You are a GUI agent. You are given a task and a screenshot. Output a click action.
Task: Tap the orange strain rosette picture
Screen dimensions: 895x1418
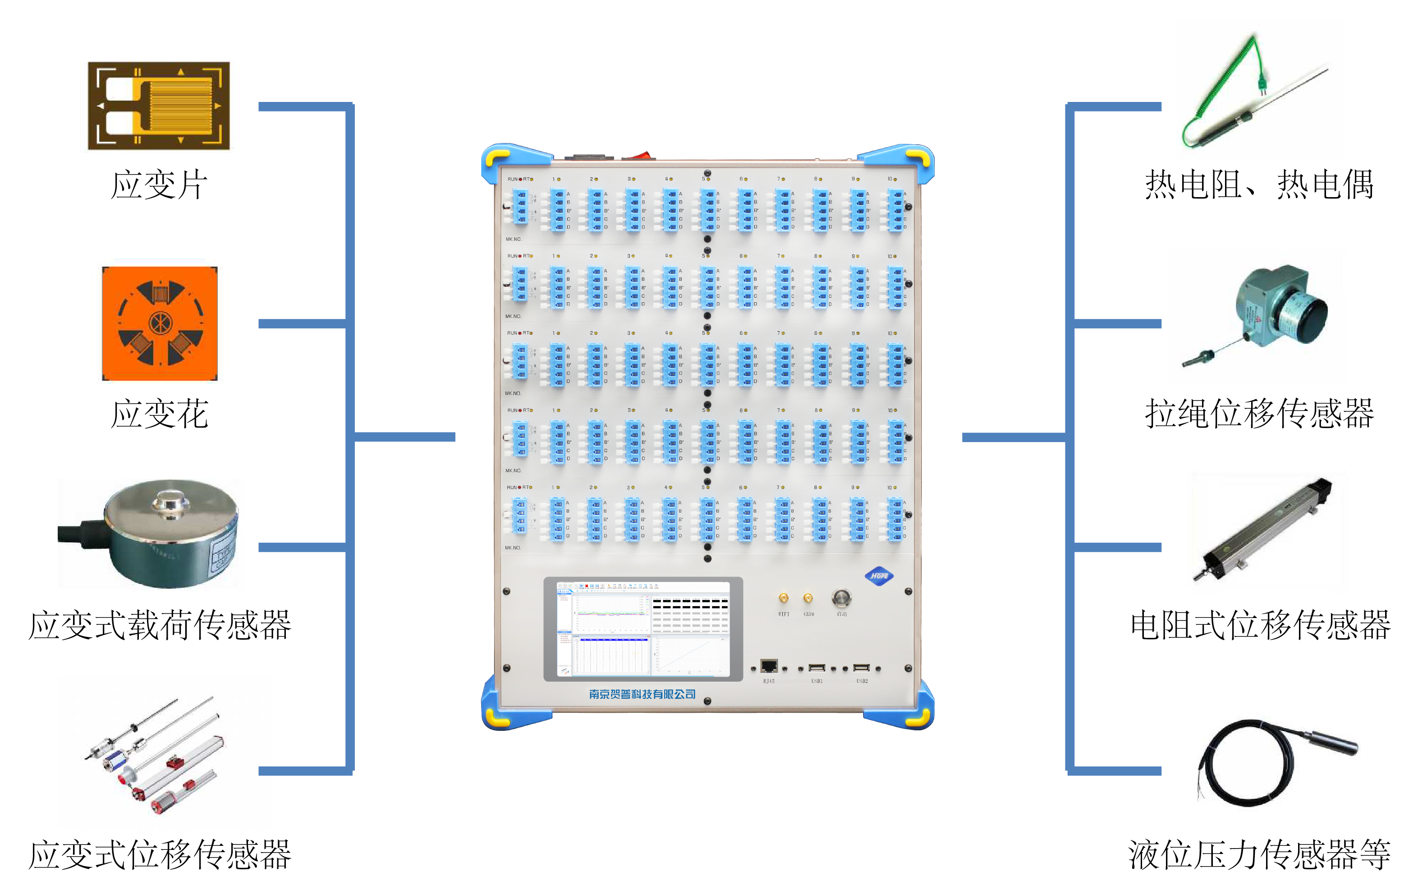pos(160,323)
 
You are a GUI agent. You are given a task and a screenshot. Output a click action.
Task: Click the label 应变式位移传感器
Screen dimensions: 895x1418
pos(160,855)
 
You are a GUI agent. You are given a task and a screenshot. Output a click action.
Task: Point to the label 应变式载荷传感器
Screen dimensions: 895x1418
pos(160,625)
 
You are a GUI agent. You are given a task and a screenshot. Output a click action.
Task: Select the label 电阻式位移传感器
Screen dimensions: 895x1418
pos(1260,625)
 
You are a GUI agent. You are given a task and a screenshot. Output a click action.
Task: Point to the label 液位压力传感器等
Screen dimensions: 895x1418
pos(1259,855)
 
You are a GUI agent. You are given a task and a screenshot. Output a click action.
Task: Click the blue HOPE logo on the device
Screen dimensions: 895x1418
pos(879,576)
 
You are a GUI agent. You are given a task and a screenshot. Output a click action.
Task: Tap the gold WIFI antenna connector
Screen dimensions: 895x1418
pos(784,599)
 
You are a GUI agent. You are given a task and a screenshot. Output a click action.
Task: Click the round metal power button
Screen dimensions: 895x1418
pos(841,598)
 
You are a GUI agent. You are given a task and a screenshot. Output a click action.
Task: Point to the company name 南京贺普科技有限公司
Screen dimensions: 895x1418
pos(642,694)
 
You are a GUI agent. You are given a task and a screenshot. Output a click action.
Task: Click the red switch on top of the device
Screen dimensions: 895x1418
pos(638,156)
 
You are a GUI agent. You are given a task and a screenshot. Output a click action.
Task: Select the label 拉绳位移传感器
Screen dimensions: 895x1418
pos(1259,413)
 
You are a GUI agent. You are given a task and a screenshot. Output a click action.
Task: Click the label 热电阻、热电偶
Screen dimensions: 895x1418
pos(1259,185)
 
